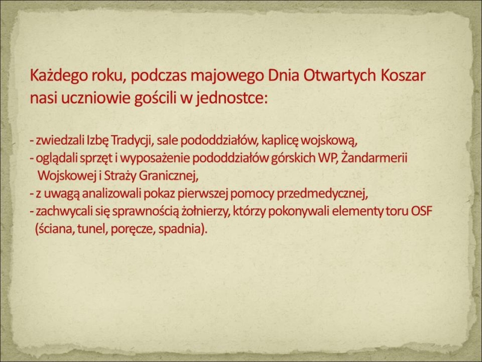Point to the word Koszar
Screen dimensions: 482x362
(403, 76)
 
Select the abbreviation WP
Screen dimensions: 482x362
(328, 159)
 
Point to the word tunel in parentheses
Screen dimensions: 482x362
(92, 229)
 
